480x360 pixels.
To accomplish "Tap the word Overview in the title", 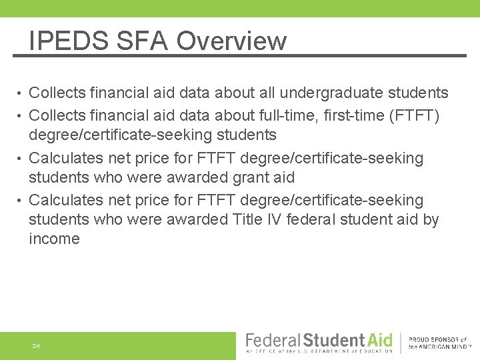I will [231, 41].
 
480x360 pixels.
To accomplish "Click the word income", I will [54, 239].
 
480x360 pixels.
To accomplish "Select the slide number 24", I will [36, 347].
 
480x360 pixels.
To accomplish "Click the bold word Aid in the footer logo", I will [377, 339].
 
